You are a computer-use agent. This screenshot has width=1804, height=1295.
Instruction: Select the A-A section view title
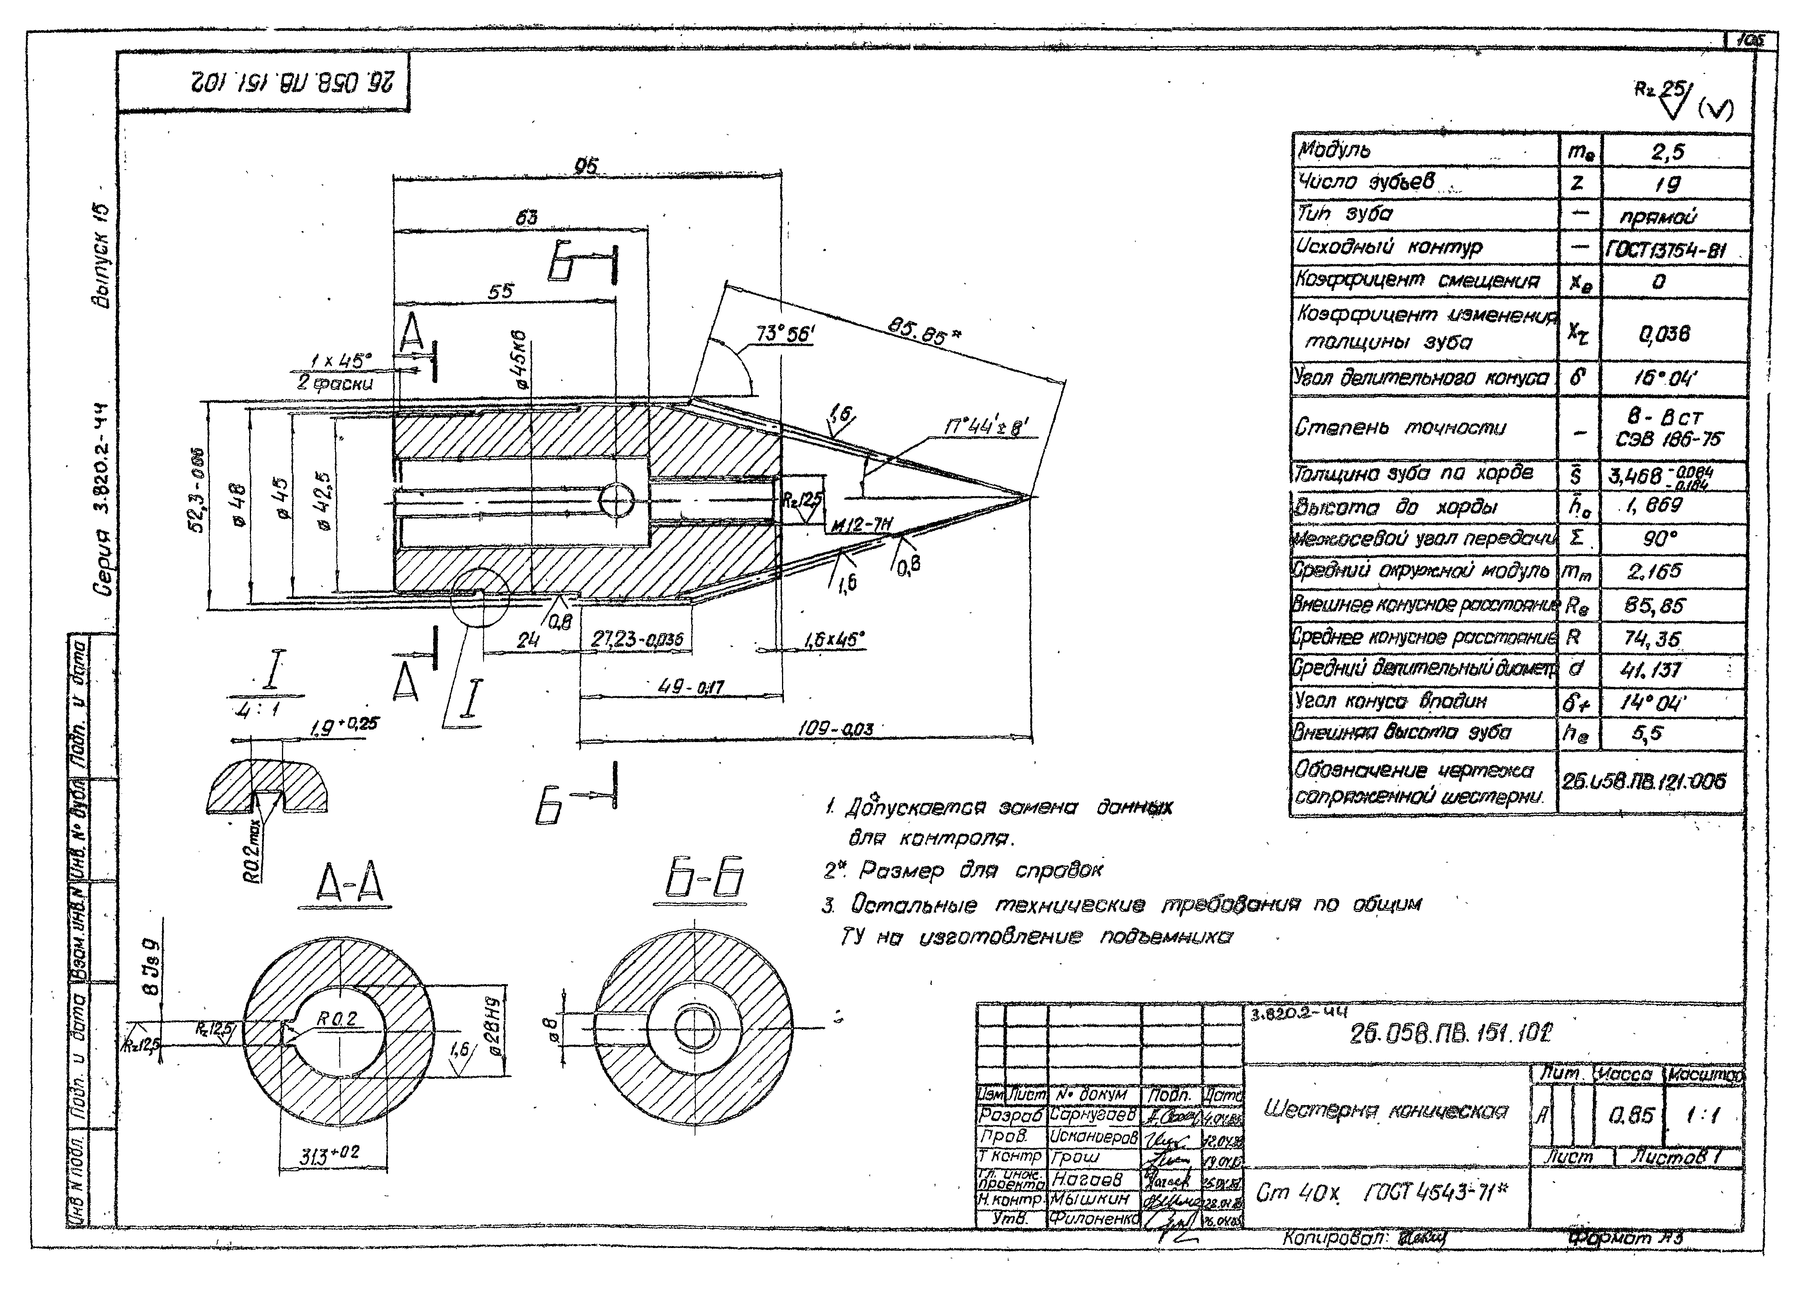[350, 885]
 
